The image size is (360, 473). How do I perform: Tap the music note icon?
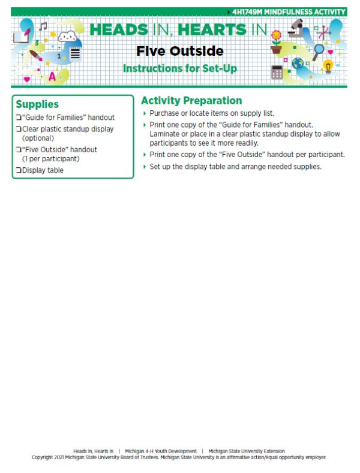[43, 27]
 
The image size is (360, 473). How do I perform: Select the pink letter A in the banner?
[52, 76]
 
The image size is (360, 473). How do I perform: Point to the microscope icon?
[296, 29]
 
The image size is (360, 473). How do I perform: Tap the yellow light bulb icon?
[328, 65]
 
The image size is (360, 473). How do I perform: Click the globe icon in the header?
[297, 63]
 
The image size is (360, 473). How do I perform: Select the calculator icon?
[277, 73]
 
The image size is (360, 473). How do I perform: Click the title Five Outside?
[179, 51]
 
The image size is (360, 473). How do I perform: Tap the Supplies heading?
[37, 104]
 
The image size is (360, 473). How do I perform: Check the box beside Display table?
[18, 170]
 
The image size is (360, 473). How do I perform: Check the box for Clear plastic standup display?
[18, 129]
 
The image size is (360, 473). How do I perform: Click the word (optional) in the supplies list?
[38, 138]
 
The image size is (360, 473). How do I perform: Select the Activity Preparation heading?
[191, 101]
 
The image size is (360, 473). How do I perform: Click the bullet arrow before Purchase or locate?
[145, 113]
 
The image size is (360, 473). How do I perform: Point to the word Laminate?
[166, 134]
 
